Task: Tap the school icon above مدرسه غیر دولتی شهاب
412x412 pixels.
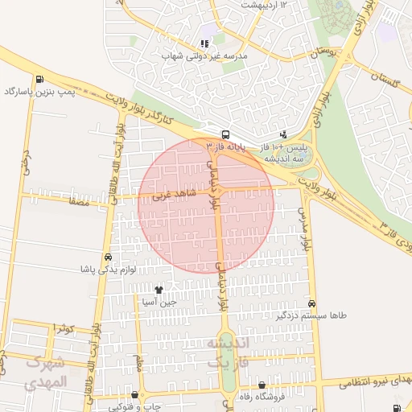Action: coord(204,43)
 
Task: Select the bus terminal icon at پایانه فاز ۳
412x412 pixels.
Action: coord(225,134)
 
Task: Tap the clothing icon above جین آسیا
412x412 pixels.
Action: coord(159,290)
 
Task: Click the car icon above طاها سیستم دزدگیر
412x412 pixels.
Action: coord(311,303)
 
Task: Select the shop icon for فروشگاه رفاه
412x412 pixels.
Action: coord(262,385)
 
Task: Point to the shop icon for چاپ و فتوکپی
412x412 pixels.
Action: coord(134,395)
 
